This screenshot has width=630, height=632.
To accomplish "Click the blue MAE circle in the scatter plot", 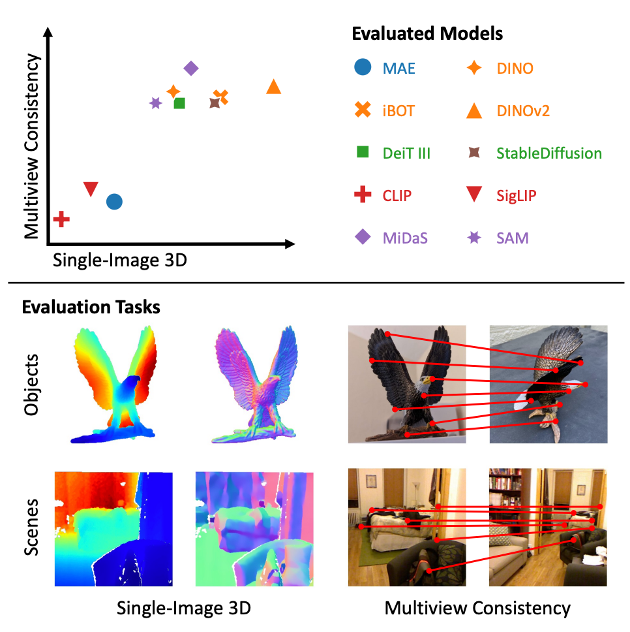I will point(114,202).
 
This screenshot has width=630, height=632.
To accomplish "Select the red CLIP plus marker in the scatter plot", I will point(61,219).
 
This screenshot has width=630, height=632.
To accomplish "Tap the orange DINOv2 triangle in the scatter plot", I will point(274,87).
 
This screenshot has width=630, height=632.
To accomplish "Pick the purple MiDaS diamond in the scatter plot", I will point(191,68).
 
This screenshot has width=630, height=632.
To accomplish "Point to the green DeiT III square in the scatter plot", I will point(179,103).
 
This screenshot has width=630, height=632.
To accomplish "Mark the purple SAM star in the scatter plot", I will point(155,103).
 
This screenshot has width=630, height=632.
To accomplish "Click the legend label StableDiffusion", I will point(548,153).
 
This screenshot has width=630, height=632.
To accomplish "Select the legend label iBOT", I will point(398,111).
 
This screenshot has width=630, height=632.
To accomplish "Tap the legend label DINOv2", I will point(523,111).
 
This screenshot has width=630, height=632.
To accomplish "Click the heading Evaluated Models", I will point(427,33).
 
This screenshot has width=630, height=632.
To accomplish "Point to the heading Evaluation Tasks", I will point(91,307).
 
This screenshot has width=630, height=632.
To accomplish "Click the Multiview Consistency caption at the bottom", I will point(477,608).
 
